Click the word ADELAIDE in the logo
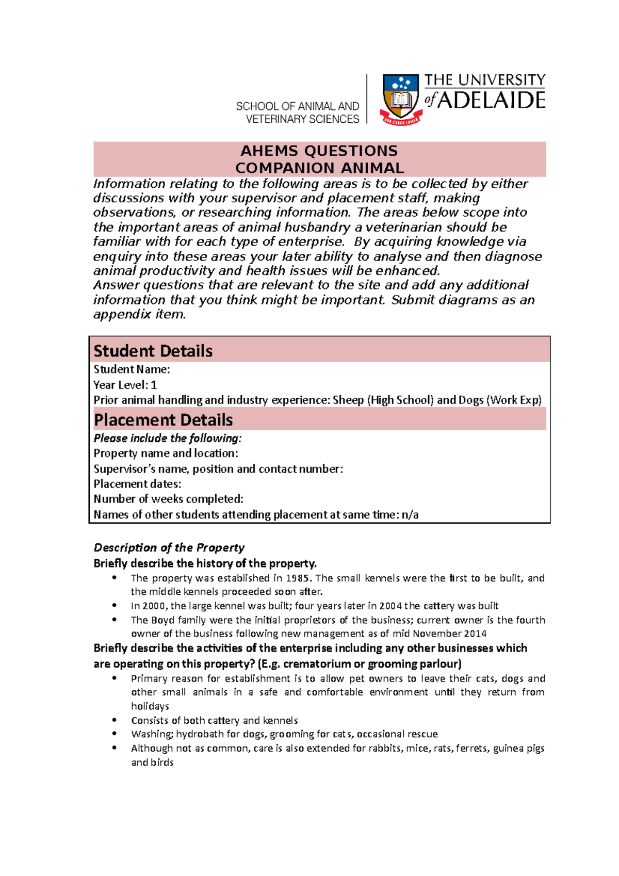click(x=491, y=100)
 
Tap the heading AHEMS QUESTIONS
click(x=319, y=151)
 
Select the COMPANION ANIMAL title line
click(x=319, y=168)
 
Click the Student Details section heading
click(x=153, y=351)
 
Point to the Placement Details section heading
click(x=163, y=419)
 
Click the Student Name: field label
click(x=132, y=369)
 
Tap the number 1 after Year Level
click(x=154, y=385)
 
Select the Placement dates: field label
click(x=137, y=484)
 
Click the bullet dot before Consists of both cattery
click(x=115, y=720)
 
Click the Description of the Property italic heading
click(x=169, y=547)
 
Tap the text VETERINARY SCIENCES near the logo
click(x=302, y=119)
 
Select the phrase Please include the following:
click(x=167, y=438)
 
